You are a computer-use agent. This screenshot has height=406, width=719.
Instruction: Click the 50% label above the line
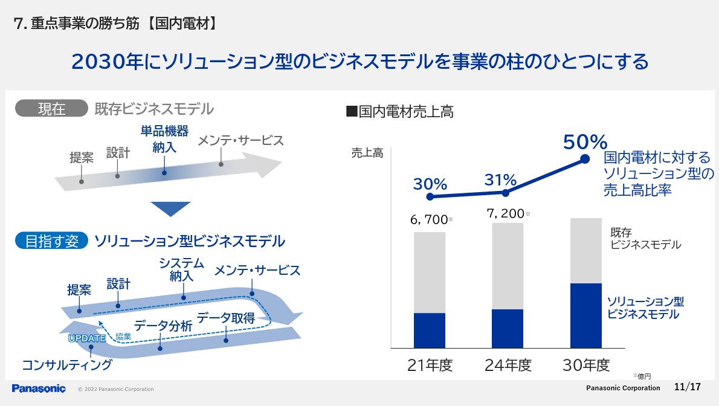tap(584, 142)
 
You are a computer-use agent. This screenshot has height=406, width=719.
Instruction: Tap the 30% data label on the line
tap(430, 184)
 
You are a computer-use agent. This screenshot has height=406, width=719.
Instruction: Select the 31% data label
tap(500, 180)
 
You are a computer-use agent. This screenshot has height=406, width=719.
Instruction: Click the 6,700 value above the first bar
tap(428, 220)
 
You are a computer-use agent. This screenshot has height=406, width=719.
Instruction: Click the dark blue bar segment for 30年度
tap(586, 315)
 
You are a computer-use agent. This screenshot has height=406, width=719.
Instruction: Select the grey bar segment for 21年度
tap(430, 272)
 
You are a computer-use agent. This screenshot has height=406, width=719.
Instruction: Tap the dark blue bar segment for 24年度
tap(508, 329)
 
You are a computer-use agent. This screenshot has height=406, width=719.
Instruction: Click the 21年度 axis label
tap(430, 365)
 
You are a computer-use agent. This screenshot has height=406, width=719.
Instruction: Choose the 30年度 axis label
tap(586, 365)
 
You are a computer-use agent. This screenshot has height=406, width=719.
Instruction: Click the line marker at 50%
tap(585, 159)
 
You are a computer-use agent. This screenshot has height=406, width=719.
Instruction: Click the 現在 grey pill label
tap(51, 109)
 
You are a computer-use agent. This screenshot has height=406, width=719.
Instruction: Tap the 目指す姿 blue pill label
tap(52, 241)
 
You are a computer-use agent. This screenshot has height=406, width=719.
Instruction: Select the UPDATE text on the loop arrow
tap(87, 338)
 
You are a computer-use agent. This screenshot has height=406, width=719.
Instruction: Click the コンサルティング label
tap(67, 364)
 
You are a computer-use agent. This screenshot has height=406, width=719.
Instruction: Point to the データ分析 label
tap(163, 326)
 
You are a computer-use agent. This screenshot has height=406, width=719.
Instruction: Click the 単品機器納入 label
tap(164, 139)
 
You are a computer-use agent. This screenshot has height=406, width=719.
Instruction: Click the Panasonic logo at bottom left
tap(39, 388)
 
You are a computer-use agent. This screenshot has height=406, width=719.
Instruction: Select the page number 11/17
tap(687, 387)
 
